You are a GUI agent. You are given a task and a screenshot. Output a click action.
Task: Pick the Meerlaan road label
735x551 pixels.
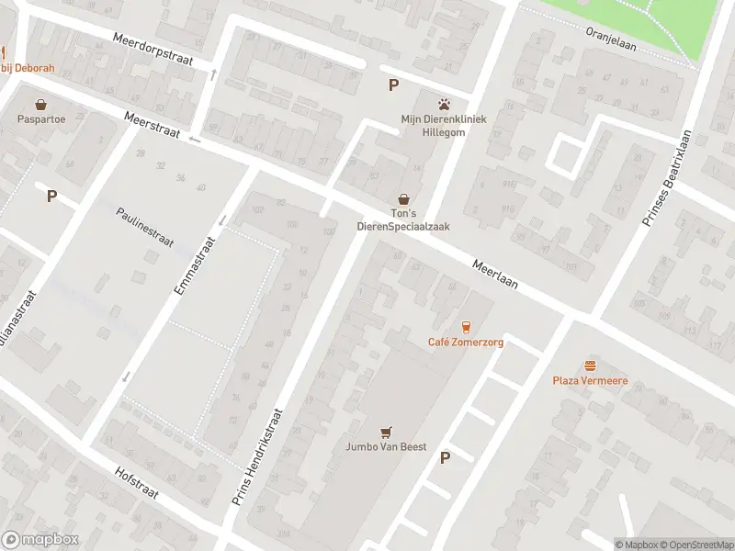click(495, 273)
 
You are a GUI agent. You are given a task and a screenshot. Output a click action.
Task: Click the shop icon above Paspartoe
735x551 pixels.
click(40, 104)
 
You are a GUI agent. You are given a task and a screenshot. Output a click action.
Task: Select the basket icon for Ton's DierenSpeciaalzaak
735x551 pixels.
click(403, 198)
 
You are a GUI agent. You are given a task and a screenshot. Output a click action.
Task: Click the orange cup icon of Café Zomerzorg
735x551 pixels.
click(465, 327)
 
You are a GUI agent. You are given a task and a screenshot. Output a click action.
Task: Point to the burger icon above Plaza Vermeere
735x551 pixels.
click(589, 365)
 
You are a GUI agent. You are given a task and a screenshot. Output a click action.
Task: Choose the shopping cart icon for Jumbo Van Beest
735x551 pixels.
click(387, 432)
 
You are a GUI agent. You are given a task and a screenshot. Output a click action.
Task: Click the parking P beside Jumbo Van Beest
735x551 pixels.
click(446, 457)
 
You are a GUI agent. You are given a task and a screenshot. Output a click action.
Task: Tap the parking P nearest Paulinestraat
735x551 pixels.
click(52, 196)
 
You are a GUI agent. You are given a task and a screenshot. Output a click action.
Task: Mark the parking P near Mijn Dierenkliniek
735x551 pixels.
click(394, 85)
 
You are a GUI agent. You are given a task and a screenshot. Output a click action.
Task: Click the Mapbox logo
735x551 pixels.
click(40, 539)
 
